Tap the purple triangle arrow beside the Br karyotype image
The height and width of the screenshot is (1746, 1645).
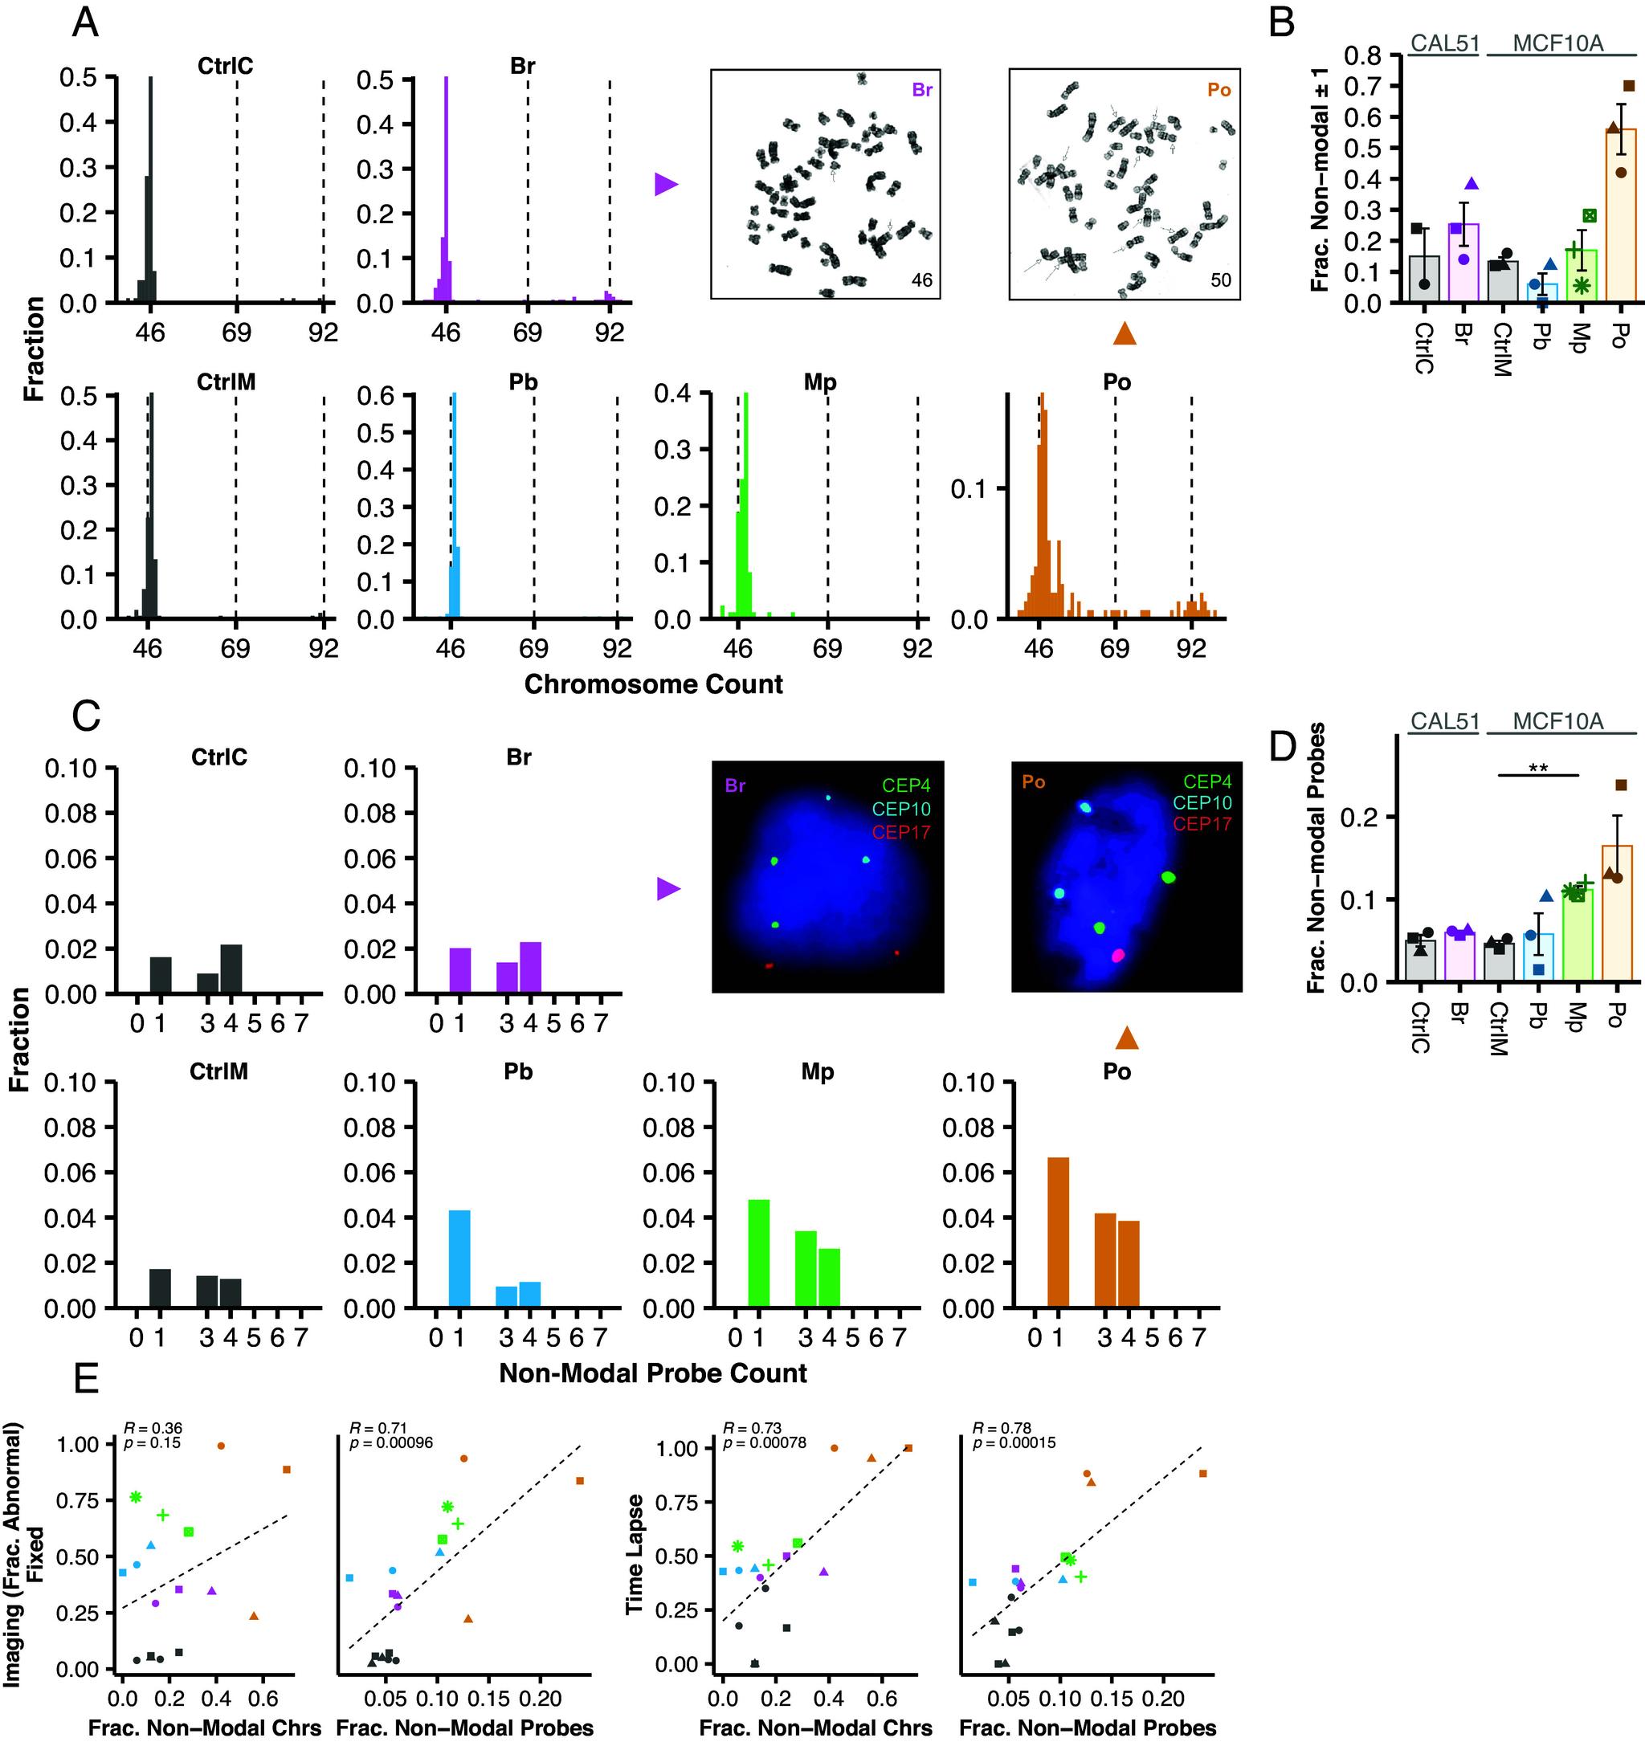[x=667, y=184]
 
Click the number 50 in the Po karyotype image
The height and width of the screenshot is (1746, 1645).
[x=1220, y=281]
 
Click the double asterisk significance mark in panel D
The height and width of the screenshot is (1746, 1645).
[x=1537, y=769]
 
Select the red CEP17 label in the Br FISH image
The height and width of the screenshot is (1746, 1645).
[x=901, y=832]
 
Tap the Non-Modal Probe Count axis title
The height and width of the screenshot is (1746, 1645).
[x=652, y=1373]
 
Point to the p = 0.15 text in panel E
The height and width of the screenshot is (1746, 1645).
[x=152, y=1442]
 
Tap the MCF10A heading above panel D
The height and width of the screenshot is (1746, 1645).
[x=1558, y=722]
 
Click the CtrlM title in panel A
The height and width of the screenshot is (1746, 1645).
[x=226, y=382]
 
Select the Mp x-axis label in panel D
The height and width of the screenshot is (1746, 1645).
[x=1578, y=1017]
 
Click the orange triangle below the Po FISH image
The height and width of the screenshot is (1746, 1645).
[x=1127, y=1038]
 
